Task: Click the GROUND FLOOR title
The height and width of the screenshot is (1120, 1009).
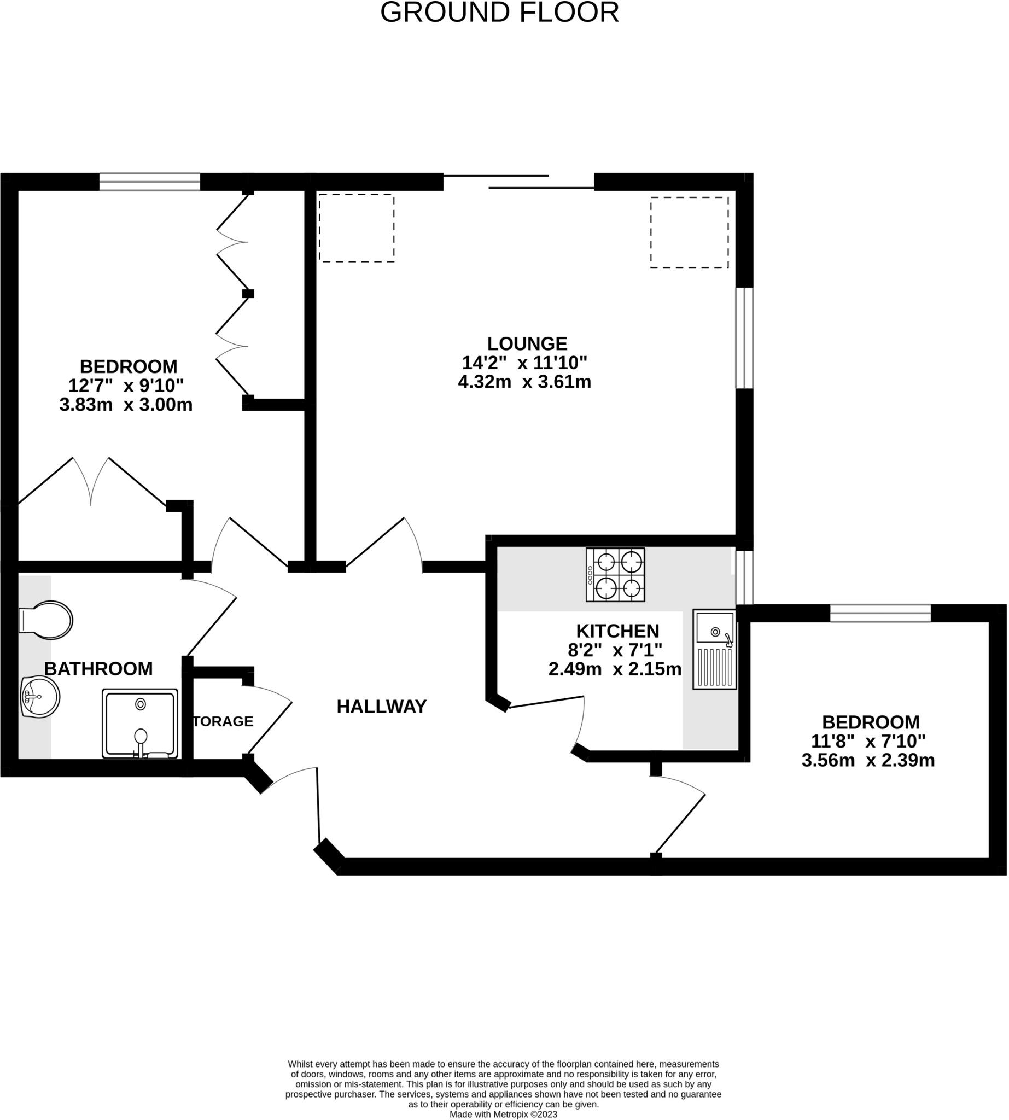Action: click(x=499, y=12)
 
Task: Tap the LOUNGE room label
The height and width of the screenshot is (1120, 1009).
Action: click(x=527, y=343)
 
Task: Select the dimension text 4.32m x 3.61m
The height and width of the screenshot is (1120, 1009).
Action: click(x=524, y=382)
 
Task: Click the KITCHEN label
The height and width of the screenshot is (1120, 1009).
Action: click(x=617, y=631)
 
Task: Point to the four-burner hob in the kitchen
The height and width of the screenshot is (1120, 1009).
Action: click(x=615, y=574)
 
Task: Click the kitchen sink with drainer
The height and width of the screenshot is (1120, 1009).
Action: click(x=714, y=649)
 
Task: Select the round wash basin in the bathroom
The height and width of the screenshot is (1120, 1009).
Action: click(x=40, y=696)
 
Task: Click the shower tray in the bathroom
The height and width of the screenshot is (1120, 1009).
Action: click(x=139, y=723)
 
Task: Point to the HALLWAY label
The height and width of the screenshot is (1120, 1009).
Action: click(x=381, y=707)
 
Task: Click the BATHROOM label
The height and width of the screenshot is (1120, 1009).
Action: click(x=98, y=669)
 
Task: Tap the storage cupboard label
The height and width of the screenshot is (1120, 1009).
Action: click(x=223, y=721)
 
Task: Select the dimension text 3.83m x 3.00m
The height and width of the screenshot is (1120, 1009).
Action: click(x=126, y=405)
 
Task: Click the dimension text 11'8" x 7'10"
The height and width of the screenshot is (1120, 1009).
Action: click(x=868, y=741)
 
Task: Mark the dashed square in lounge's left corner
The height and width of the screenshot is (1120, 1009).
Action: click(x=356, y=228)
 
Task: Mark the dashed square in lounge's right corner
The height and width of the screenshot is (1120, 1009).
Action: click(x=689, y=232)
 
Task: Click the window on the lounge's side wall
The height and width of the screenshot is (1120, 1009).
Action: click(x=744, y=337)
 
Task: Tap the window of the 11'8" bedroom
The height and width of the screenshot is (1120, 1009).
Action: click(x=880, y=613)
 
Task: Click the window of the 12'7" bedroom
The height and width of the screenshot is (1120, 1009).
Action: click(x=150, y=182)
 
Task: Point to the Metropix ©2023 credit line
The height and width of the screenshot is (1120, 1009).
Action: click(x=503, y=1115)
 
